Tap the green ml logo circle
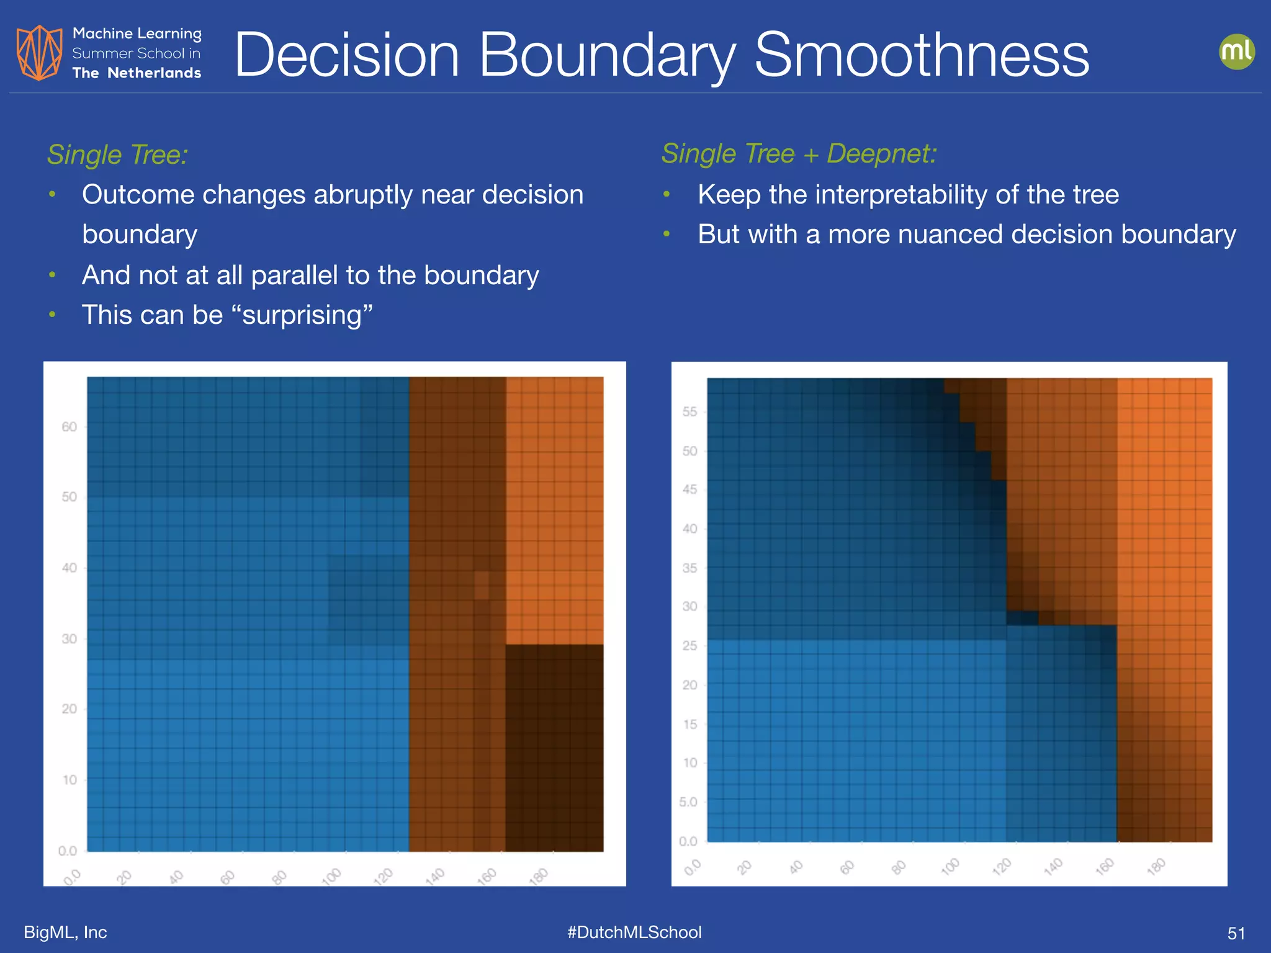click(1236, 51)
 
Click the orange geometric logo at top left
click(38, 53)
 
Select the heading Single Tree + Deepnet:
click(799, 153)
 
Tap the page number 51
click(1236, 933)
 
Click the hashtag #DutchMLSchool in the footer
click(634, 932)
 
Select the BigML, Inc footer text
click(65, 932)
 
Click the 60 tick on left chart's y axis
click(69, 427)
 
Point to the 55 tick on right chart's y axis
click(689, 412)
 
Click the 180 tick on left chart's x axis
click(539, 876)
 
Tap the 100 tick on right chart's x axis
click(950, 866)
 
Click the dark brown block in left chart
click(554, 748)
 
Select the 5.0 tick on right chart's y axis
click(688, 802)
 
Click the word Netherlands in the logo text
click(154, 73)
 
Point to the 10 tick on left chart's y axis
click(70, 780)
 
